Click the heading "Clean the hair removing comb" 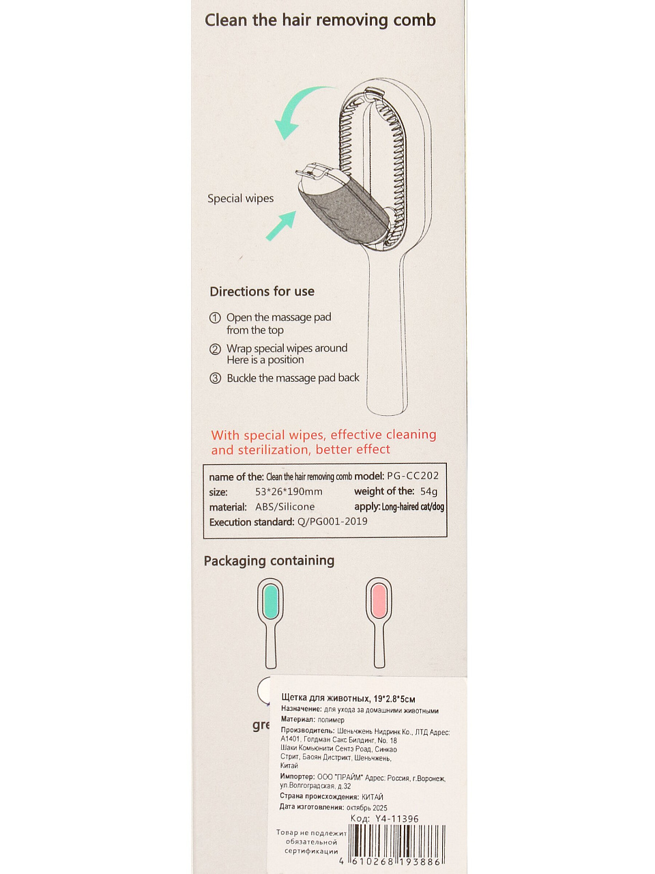(x=320, y=20)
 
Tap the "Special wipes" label (x=240, y=199)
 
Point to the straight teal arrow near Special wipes (x=282, y=225)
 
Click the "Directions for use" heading (x=262, y=292)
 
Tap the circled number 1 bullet (x=215, y=318)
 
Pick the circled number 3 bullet (x=215, y=378)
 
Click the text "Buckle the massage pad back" (x=293, y=378)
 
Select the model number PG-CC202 (x=413, y=476)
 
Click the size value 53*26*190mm (x=289, y=492)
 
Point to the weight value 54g (x=429, y=492)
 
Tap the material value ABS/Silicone (x=285, y=507)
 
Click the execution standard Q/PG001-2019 (x=332, y=522)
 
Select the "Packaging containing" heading (x=269, y=561)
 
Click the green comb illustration (x=271, y=621)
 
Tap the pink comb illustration (x=379, y=621)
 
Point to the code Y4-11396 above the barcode (x=396, y=819)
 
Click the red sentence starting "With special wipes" (x=323, y=442)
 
